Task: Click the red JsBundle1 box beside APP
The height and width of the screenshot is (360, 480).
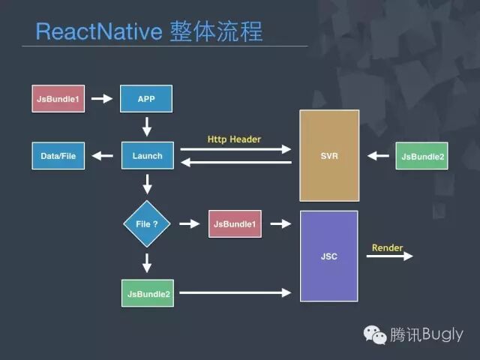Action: click(58, 98)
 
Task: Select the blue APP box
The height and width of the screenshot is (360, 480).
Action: click(146, 98)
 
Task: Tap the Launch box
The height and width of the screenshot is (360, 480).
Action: click(147, 156)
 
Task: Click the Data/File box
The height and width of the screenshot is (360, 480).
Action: click(58, 156)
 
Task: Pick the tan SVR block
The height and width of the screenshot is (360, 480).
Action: click(329, 156)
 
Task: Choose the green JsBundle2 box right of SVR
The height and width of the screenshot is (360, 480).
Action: click(421, 156)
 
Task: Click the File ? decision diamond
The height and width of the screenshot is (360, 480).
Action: click(147, 223)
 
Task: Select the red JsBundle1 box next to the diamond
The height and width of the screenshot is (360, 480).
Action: click(235, 223)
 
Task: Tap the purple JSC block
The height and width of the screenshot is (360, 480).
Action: click(329, 256)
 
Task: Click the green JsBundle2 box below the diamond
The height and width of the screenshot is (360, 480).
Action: click(147, 292)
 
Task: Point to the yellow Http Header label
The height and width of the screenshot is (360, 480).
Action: click(234, 139)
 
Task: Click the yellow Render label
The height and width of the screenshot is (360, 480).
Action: click(387, 247)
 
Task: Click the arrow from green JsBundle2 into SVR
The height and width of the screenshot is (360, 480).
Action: click(379, 156)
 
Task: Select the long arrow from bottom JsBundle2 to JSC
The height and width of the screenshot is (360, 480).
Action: click(235, 292)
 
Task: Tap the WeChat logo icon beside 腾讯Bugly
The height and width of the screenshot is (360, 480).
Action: click(376, 334)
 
